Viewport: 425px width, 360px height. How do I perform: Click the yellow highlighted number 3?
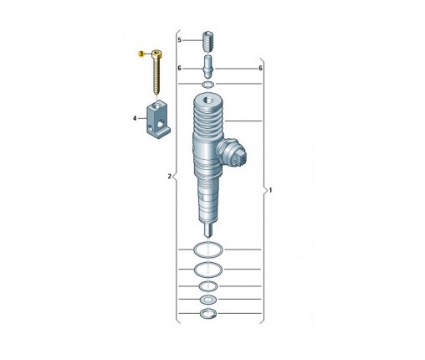[x=141, y=54]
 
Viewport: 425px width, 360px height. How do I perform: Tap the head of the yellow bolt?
[x=157, y=54]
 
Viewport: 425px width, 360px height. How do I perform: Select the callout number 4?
[x=135, y=119]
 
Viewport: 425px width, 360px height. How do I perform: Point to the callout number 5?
[x=180, y=40]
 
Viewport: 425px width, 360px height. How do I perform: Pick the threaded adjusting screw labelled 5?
[x=208, y=42]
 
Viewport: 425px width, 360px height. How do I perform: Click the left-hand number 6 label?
[x=180, y=68]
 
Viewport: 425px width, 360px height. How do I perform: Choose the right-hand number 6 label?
[x=260, y=68]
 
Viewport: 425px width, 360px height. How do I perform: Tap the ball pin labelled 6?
[x=208, y=67]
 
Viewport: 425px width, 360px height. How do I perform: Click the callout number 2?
[x=169, y=177]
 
